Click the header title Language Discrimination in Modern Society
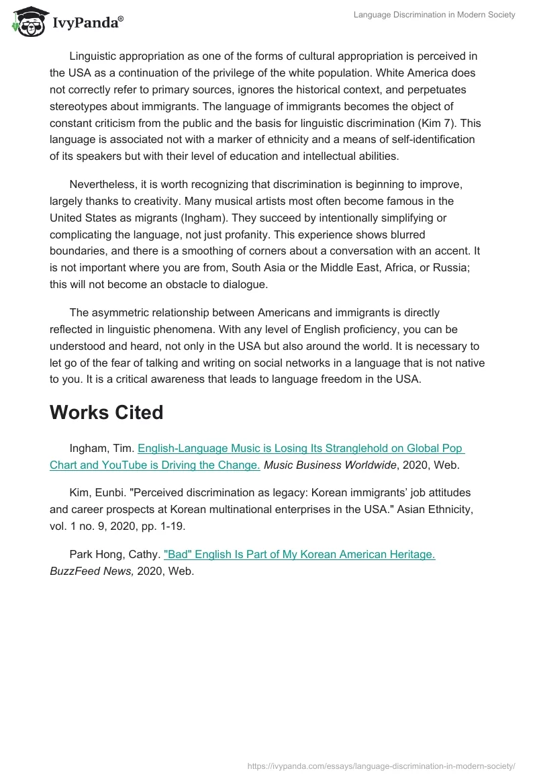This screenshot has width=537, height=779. click(x=434, y=15)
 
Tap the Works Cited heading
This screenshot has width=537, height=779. click(x=106, y=412)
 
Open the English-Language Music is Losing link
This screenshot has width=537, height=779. click(x=301, y=448)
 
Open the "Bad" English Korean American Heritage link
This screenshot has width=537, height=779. click(x=299, y=555)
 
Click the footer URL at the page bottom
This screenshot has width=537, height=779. click(x=381, y=766)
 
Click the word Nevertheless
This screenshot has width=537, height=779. click(x=101, y=184)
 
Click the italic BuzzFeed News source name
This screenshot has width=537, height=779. click(x=91, y=571)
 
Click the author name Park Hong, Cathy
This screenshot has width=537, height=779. click(x=114, y=555)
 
